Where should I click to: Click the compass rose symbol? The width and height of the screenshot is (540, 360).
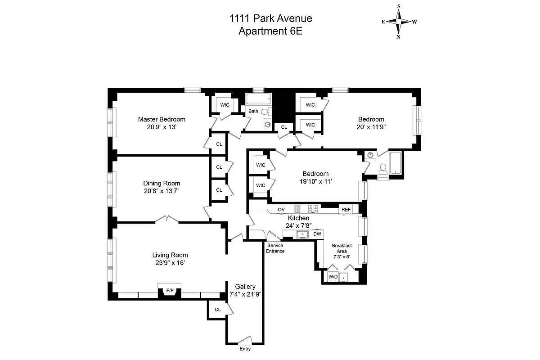pyautogui.click(x=399, y=21)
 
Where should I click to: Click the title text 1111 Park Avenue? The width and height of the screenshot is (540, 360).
pyautogui.click(x=270, y=18)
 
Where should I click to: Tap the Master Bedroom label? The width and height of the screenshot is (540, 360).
pyautogui.click(x=162, y=119)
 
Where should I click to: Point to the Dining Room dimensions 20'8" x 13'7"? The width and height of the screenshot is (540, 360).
pyautogui.click(x=162, y=191)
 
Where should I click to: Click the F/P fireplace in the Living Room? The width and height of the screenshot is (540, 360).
pyautogui.click(x=170, y=291)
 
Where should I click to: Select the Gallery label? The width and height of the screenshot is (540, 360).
pyautogui.click(x=245, y=287)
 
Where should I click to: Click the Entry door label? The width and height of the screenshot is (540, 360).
pyautogui.click(x=245, y=349)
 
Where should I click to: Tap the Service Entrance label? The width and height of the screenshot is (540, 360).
pyautogui.click(x=275, y=248)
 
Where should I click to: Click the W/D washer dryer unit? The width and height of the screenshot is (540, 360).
pyautogui.click(x=333, y=276)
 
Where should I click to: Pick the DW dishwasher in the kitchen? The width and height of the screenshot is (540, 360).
pyautogui.click(x=317, y=234)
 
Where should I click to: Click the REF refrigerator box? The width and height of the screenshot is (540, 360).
pyautogui.click(x=346, y=209)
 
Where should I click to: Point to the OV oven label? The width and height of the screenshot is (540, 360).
pyautogui.click(x=281, y=209)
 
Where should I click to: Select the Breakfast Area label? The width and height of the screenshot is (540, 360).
pyautogui.click(x=341, y=248)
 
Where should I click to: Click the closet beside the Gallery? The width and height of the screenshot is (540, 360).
pyautogui.click(x=217, y=310)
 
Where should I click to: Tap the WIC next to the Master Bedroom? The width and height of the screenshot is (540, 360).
pyautogui.click(x=225, y=105)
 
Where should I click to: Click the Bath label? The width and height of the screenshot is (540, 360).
pyautogui.click(x=253, y=111)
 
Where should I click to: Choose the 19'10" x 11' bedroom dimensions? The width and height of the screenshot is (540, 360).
pyautogui.click(x=315, y=181)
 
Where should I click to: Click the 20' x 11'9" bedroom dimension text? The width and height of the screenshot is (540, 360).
pyautogui.click(x=371, y=127)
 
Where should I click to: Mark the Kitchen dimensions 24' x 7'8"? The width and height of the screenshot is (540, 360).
pyautogui.click(x=298, y=225)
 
